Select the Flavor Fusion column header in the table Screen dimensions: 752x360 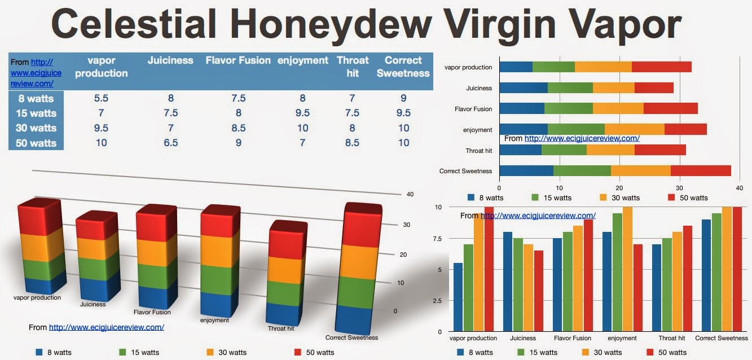238,60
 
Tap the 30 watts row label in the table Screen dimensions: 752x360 36,128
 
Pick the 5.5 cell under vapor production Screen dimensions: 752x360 101,98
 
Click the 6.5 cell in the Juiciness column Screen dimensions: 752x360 171,143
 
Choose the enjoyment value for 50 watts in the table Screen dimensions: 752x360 302,143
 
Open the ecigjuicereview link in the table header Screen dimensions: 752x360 36,73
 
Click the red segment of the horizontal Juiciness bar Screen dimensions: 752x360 654,87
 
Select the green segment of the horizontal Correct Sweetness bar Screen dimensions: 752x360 582,170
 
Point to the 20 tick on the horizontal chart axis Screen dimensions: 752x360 619,188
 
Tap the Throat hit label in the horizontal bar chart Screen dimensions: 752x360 479,151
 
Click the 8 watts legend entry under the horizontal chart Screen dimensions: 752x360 485,198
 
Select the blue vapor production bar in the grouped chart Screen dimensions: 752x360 458,297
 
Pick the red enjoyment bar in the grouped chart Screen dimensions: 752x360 638,288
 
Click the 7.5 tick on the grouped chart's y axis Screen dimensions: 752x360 437,239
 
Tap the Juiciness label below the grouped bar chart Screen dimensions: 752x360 523,338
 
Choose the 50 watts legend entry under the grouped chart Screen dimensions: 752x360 667,352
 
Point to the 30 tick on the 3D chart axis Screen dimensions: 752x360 407,225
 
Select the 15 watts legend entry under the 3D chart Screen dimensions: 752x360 139,352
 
